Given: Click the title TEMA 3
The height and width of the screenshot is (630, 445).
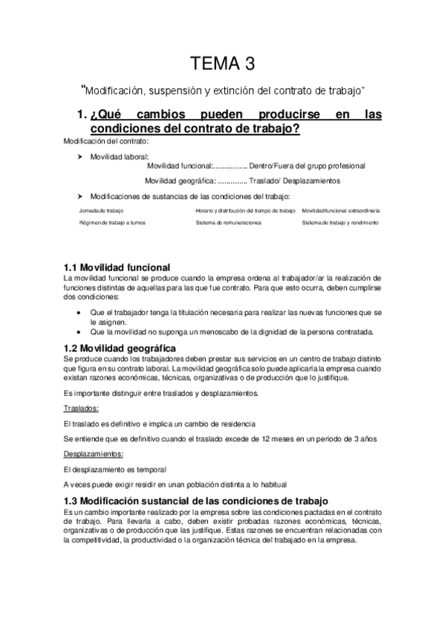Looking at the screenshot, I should click(x=222, y=65).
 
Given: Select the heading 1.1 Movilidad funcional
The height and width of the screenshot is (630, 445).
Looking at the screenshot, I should click(x=117, y=267).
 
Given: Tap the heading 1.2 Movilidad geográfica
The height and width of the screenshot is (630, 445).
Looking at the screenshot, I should click(x=120, y=348).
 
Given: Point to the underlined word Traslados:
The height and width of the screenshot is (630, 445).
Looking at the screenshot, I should click(x=82, y=409).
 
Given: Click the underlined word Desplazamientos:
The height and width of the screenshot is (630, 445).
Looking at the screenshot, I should click(x=94, y=453).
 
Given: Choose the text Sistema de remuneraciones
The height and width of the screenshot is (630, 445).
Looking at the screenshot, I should click(x=228, y=223).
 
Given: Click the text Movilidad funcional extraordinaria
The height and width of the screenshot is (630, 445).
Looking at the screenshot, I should click(x=341, y=211).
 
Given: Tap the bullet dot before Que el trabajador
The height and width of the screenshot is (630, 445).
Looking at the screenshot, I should click(x=79, y=314).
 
